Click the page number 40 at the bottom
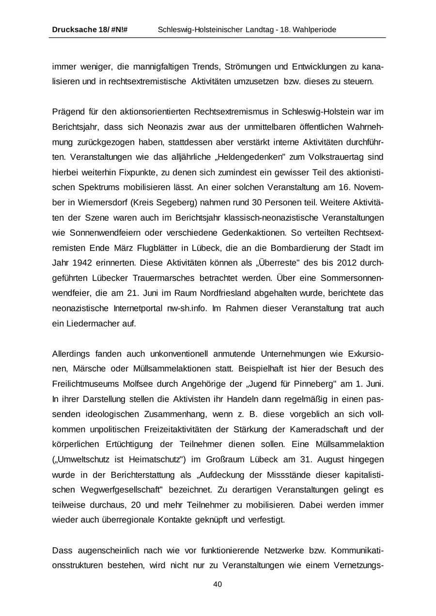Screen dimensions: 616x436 click(218, 585)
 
